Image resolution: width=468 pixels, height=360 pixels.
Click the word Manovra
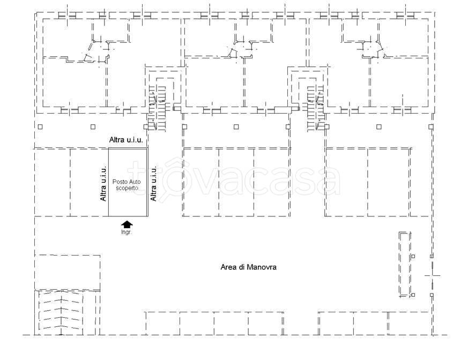[x=262, y=267]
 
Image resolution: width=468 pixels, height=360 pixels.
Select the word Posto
[x=118, y=182]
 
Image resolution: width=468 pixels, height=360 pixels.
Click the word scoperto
[x=127, y=188]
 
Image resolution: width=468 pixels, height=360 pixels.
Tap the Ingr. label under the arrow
[x=127, y=232]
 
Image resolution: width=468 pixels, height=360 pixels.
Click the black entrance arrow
[x=127, y=224]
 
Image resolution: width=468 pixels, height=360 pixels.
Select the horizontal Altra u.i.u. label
[x=126, y=140]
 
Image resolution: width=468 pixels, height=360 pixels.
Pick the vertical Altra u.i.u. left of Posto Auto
[x=103, y=183]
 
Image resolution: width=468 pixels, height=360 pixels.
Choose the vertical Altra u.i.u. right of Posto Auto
[x=153, y=183]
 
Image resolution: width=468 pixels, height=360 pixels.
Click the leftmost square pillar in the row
[x=40, y=127]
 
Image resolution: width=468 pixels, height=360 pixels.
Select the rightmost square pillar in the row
[x=430, y=127]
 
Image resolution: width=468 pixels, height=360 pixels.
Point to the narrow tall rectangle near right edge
[x=405, y=264]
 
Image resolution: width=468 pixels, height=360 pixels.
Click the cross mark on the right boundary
[x=432, y=275]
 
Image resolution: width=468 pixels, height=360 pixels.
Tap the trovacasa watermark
[x=234, y=180]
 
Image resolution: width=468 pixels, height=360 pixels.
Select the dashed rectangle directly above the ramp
[x=68, y=272]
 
